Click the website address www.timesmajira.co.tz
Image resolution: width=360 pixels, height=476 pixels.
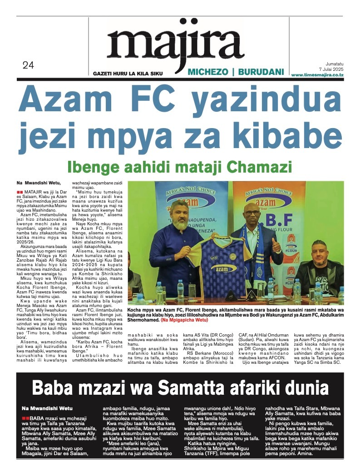point(317,74)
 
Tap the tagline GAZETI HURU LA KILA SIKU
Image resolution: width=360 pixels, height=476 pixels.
point(128,74)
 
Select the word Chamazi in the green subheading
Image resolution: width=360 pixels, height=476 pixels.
point(262,167)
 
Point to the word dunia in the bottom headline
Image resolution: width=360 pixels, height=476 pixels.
point(303,388)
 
